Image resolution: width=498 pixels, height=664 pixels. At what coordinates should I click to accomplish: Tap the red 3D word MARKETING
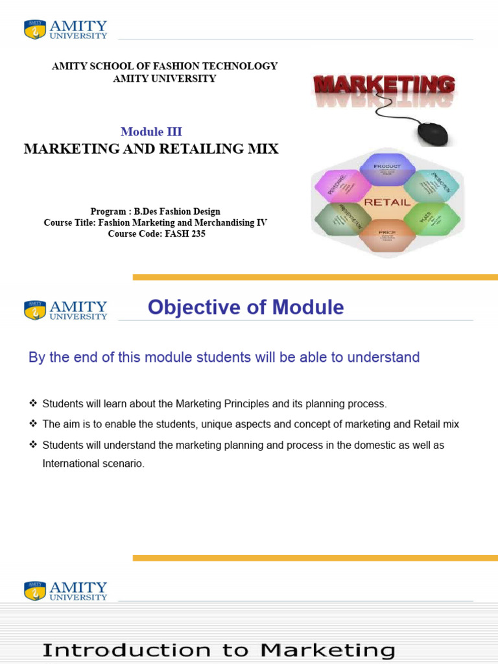click(384, 85)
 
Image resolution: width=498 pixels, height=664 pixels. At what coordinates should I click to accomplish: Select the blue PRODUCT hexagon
click(387, 170)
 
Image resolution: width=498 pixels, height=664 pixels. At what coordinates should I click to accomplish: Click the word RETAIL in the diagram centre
click(387, 202)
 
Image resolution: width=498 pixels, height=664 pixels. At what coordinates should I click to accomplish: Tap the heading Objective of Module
click(246, 307)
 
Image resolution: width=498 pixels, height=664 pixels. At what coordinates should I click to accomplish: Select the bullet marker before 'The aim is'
click(33, 424)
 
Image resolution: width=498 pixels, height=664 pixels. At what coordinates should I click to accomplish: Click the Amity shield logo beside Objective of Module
click(34, 309)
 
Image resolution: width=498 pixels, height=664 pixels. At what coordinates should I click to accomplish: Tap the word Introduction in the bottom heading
click(126, 650)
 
